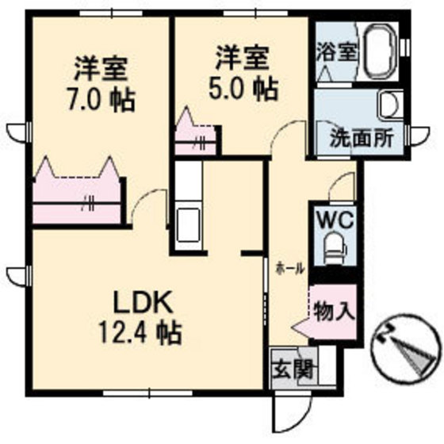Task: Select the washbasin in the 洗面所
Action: (x=391, y=104)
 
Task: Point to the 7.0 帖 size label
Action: (x=101, y=101)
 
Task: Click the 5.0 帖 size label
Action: (x=243, y=90)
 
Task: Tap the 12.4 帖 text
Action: (x=140, y=333)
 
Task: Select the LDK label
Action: (x=144, y=303)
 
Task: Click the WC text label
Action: (x=336, y=220)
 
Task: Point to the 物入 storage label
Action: (x=335, y=311)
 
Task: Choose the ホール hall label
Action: (x=291, y=268)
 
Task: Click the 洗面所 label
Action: (x=362, y=138)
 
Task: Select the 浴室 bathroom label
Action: (x=336, y=52)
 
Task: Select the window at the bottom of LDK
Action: (x=147, y=393)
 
